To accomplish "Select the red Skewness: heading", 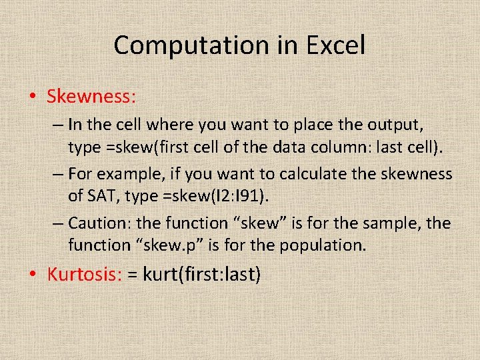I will tap(91, 97).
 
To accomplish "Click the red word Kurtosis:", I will tap(84, 274).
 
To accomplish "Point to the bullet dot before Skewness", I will tap(33, 97).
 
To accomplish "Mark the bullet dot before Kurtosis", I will tap(33, 275).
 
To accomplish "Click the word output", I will tap(398, 125).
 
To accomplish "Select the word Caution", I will tap(94, 223).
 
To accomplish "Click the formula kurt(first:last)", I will tap(202, 274).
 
